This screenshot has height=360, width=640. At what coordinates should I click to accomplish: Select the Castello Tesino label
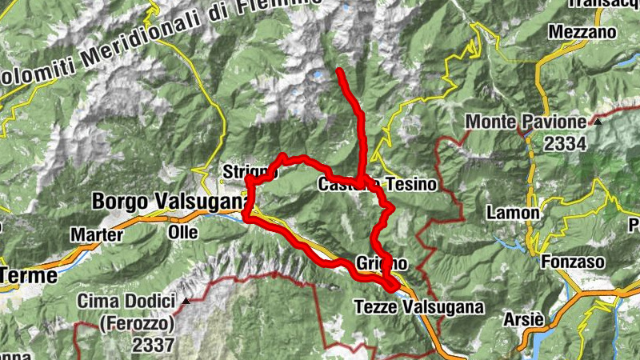(378, 185)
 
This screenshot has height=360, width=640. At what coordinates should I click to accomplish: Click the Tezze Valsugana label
(419, 306)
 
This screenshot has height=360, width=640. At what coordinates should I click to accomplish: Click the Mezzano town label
(582, 32)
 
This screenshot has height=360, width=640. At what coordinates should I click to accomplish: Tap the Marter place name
(96, 235)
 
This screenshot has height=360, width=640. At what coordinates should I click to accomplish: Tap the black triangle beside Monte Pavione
(597, 122)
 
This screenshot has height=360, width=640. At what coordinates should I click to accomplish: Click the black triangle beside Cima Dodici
(186, 302)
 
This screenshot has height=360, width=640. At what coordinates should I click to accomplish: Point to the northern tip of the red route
(340, 71)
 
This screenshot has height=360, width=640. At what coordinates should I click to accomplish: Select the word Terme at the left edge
(29, 275)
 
